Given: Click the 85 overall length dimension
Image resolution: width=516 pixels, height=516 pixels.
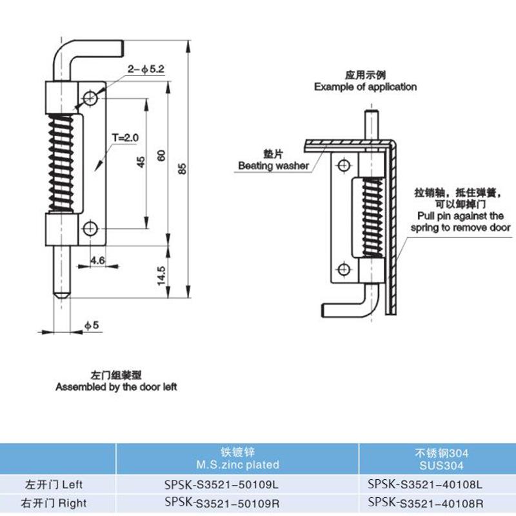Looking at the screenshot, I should point(183,168).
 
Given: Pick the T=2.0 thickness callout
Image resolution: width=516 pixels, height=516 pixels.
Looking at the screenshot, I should point(124,137).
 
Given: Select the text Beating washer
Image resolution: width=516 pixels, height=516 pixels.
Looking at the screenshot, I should point(273,166).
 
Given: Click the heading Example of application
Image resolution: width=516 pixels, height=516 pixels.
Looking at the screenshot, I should point(365,86).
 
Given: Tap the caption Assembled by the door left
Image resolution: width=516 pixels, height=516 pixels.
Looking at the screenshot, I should point(116,387).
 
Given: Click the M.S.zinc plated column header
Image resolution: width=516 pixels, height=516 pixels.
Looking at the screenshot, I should point(238,464).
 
